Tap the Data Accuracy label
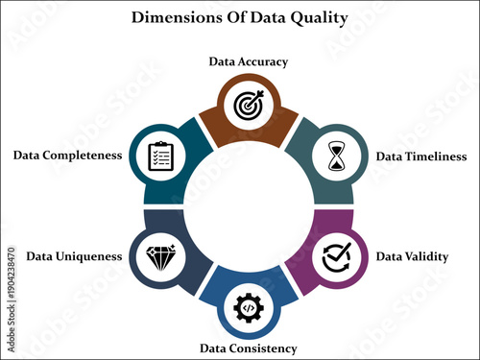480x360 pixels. point(249,61)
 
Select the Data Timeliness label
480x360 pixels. point(420,156)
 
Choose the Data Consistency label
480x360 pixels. point(248,348)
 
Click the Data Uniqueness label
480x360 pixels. point(74,256)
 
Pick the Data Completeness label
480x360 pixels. point(67,156)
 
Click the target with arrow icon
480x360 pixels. point(249,105)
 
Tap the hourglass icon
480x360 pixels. point(336,156)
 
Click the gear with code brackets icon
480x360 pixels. point(249,307)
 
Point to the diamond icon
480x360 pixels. point(159,256)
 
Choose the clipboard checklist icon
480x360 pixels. point(159,156)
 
